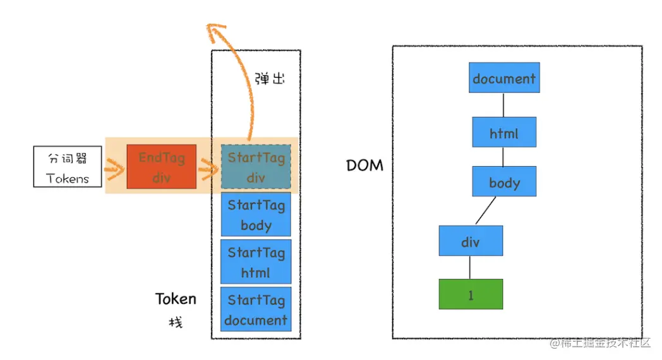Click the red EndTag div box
tap(161, 166)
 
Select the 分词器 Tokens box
tap(68, 167)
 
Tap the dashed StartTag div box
tap(256, 167)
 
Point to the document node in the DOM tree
tap(504, 78)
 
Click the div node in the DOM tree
tap(471, 242)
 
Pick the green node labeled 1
tap(471, 294)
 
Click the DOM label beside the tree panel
tap(364, 165)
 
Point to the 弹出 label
tap(270, 80)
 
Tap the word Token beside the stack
tap(176, 299)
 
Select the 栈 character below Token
tap(175, 323)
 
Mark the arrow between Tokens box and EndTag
tap(114, 168)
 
